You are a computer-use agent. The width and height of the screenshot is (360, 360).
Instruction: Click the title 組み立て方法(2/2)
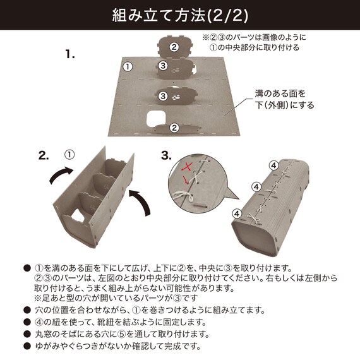tap(180, 14)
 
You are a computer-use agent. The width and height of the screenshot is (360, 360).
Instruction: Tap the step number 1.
tap(70, 55)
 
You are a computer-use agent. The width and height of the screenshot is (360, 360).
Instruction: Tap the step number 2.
tap(44, 156)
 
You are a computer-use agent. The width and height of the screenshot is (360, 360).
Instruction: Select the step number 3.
tap(166, 155)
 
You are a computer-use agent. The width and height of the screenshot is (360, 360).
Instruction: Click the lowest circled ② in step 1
tap(174, 127)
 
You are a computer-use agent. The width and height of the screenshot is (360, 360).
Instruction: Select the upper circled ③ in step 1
tap(162, 66)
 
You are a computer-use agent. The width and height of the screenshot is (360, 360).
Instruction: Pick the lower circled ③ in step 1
tap(162, 96)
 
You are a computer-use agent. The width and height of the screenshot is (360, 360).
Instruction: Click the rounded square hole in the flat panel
tap(155, 118)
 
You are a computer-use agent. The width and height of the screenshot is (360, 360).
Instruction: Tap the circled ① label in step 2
tap(69, 154)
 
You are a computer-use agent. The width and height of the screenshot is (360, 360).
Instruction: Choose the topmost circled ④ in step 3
tap(273, 165)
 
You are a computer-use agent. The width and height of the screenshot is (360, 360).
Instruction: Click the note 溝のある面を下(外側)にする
tap(284, 99)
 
